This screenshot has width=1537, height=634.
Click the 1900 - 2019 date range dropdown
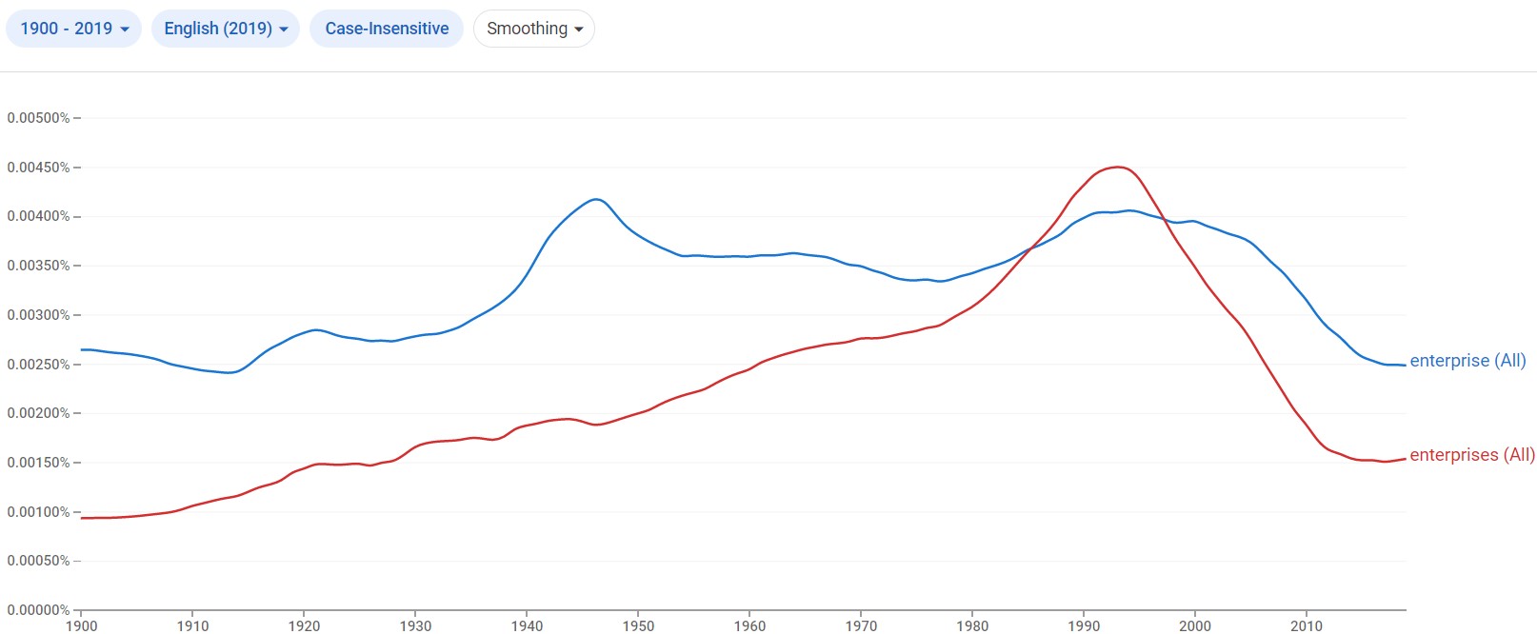point(73,29)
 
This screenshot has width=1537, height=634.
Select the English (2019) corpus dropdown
point(225,29)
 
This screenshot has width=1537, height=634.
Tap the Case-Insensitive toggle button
point(387,29)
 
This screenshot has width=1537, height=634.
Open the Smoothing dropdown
point(533,29)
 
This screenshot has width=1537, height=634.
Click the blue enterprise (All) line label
point(1467,361)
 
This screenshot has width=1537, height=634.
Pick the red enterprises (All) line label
point(1472,455)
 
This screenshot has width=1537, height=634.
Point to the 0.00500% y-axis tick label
point(38,118)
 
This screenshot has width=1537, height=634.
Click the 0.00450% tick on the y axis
point(38,168)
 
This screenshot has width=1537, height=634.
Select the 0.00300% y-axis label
point(38,315)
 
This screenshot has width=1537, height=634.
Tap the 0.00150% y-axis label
point(38,463)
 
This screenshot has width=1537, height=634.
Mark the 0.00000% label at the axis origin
point(38,610)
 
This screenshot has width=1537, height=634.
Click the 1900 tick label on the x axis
point(81,625)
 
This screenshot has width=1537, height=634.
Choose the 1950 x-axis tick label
point(638,625)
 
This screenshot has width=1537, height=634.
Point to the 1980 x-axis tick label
point(972,625)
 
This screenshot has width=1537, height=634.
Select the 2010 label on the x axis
point(1307,625)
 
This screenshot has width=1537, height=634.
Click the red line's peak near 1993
point(1118,168)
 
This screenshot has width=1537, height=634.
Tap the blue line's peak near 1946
point(596,199)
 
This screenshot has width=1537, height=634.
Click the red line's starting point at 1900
point(82,518)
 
